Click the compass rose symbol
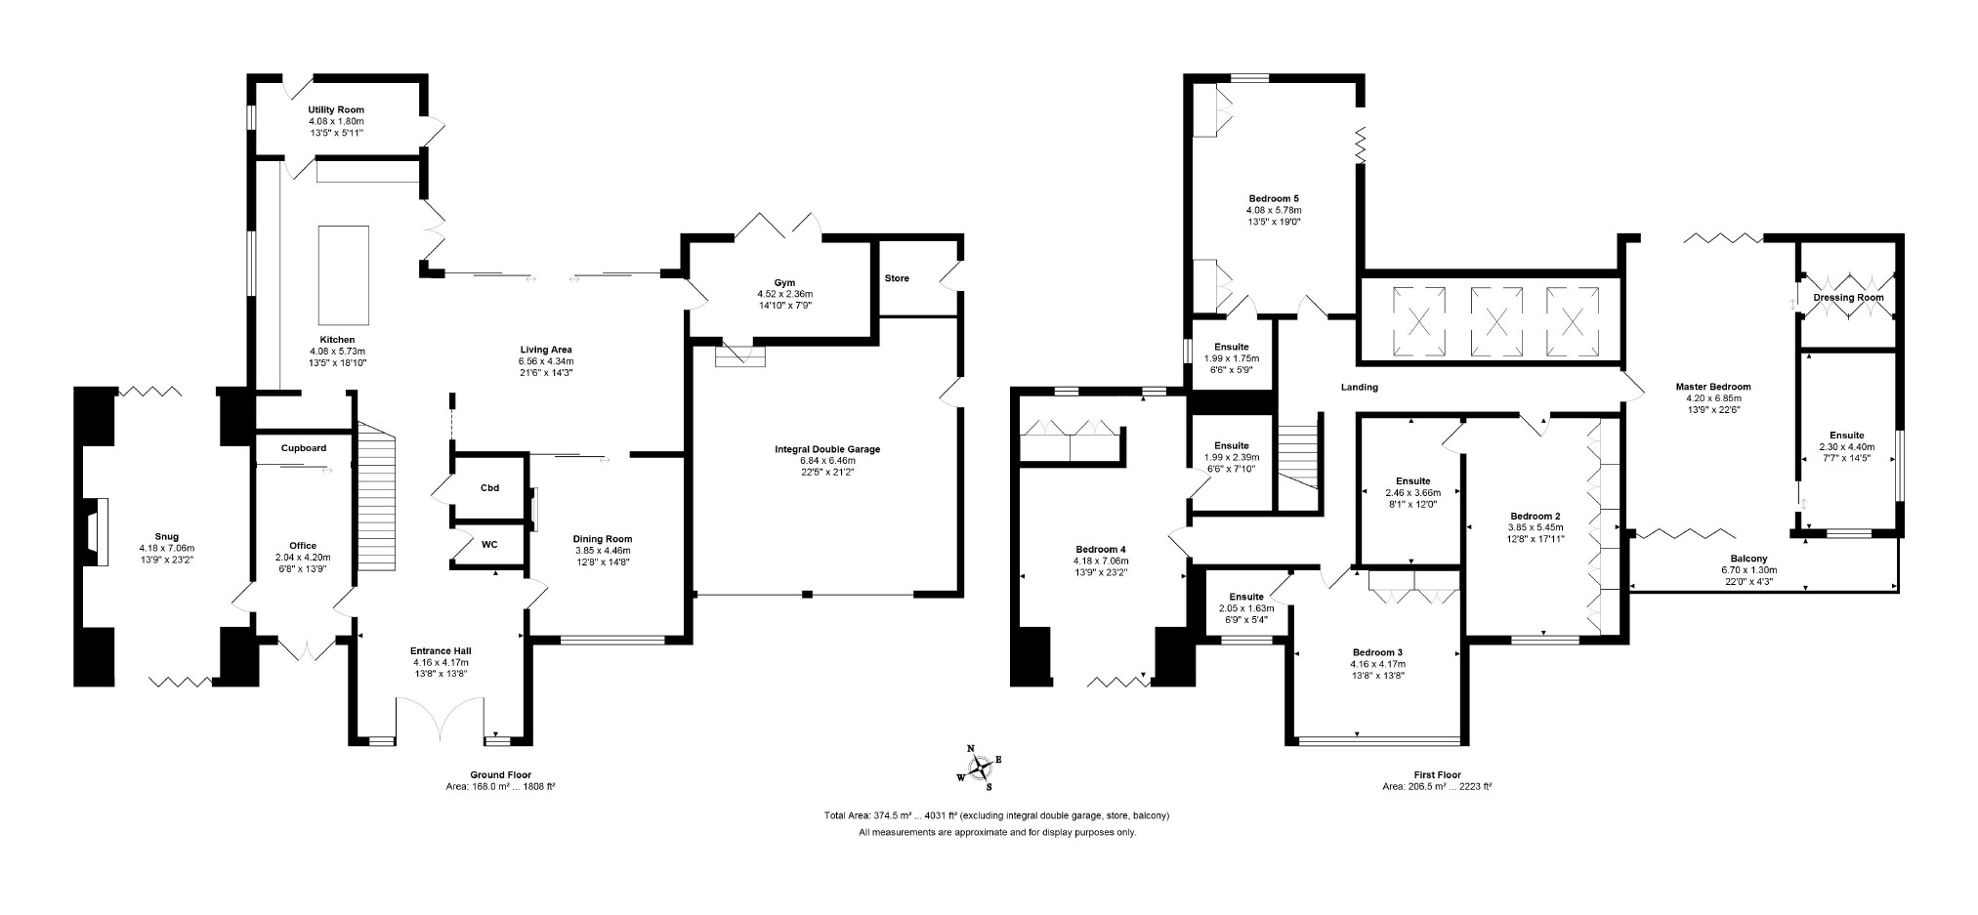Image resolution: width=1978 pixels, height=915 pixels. (x=979, y=768)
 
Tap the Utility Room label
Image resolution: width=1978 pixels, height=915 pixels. (x=336, y=110)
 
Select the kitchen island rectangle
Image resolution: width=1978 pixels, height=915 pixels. (x=343, y=274)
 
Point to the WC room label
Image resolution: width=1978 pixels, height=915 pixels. (x=489, y=545)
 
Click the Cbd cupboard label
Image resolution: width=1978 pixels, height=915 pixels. (x=489, y=488)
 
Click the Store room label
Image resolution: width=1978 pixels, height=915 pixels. (x=896, y=278)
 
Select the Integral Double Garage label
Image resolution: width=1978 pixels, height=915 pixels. (x=826, y=449)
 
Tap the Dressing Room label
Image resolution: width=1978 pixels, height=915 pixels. (x=1848, y=298)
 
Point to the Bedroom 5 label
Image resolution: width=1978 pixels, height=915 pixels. (x=1273, y=198)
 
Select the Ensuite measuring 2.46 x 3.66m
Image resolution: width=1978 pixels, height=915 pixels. (x=1412, y=481)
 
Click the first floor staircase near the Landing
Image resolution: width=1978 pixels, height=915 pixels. (x=1300, y=459)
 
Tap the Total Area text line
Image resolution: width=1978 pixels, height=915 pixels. (x=996, y=815)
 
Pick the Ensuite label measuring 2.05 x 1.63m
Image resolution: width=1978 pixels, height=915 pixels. (x=1246, y=597)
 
